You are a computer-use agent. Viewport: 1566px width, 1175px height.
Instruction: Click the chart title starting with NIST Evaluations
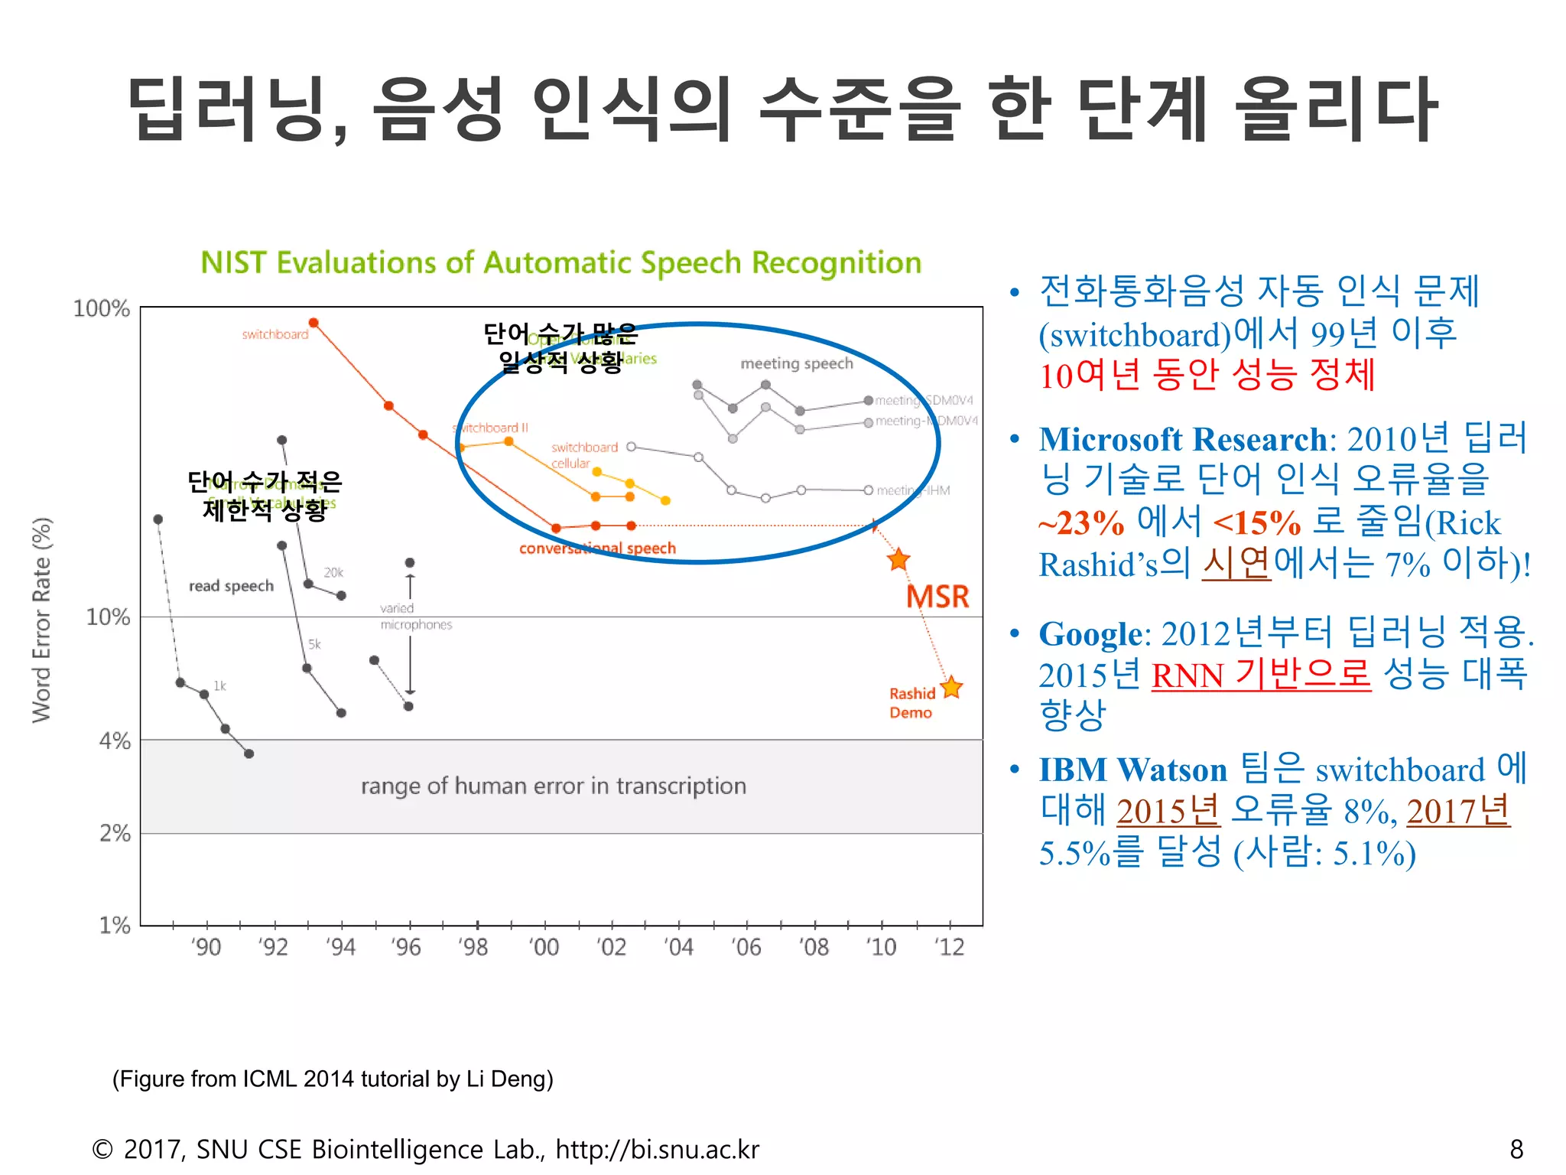tap(560, 262)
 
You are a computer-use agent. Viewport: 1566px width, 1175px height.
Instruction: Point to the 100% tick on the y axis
tap(102, 308)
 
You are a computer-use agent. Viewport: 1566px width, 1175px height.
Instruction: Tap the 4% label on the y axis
tap(115, 740)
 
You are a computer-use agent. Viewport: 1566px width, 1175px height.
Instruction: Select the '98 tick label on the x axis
tap(473, 947)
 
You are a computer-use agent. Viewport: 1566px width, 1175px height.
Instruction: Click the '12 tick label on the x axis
tap(950, 947)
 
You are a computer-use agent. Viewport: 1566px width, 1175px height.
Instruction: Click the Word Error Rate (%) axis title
tap(41, 620)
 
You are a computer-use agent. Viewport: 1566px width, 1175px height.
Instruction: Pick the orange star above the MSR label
tap(898, 559)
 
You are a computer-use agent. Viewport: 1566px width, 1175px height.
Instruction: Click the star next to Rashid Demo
tap(951, 687)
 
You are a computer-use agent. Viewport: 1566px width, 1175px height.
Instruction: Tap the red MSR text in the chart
tap(937, 596)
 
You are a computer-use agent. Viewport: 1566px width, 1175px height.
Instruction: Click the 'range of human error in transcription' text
tap(553, 786)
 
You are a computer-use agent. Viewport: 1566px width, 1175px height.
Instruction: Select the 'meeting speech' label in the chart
tap(796, 363)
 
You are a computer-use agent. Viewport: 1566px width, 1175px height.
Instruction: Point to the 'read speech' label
tap(231, 586)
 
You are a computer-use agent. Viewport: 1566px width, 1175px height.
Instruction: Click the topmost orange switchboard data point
tap(314, 323)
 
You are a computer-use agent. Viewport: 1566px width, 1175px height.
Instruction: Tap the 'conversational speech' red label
tap(597, 548)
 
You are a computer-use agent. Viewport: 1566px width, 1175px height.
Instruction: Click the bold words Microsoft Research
tap(1182, 439)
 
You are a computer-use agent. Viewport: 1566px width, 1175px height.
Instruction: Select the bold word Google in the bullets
tap(1090, 633)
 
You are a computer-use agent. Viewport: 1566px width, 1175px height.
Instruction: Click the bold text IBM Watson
tap(1132, 770)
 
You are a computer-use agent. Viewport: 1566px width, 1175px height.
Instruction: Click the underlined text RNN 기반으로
tap(1261, 675)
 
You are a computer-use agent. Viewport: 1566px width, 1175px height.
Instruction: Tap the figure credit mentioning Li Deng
tap(333, 1079)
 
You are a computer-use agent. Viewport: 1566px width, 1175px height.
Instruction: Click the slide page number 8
tap(1516, 1149)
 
